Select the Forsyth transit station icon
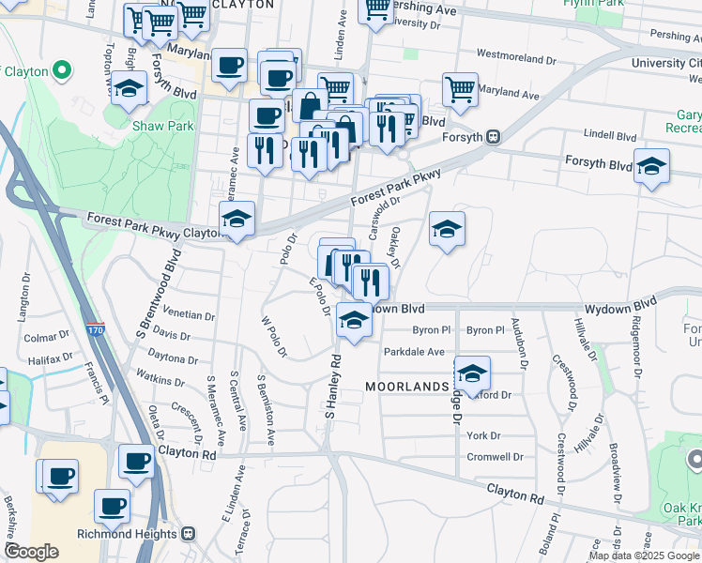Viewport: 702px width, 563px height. point(492,136)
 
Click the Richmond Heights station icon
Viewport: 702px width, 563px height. point(188,534)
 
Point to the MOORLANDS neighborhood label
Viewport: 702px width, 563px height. point(407,387)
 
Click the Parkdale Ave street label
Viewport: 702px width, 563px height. point(414,352)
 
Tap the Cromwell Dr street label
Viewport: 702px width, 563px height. point(495,457)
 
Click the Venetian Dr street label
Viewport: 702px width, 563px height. point(189,315)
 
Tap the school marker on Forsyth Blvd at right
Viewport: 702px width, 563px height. point(651,166)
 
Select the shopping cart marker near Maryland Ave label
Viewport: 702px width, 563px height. point(460,89)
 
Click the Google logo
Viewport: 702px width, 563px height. point(31,552)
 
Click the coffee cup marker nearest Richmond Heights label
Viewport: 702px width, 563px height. point(113,506)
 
